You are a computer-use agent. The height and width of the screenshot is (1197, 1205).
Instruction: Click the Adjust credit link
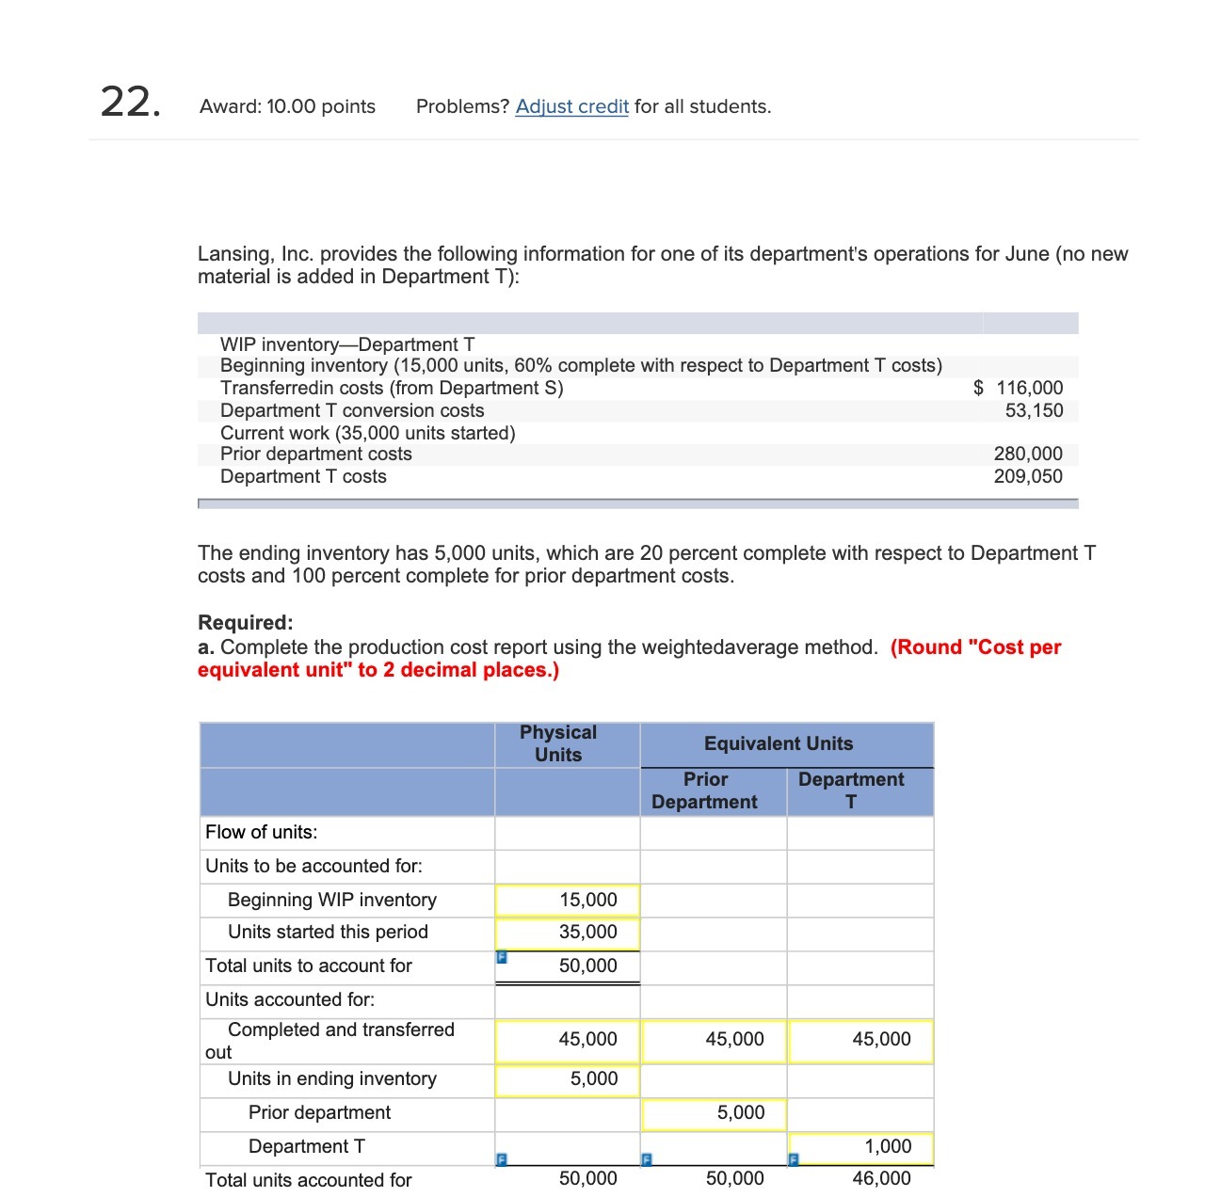571,106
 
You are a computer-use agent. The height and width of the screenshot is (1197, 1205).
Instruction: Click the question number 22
130,102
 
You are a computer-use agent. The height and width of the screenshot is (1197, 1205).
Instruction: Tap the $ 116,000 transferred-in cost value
1019,388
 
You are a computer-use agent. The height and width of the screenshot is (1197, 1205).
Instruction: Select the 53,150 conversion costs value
1034,410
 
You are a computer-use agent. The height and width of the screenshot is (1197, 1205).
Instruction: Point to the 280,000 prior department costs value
1028,454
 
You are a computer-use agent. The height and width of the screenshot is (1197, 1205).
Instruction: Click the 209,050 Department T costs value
1028,476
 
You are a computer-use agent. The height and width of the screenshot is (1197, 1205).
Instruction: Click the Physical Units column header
558,743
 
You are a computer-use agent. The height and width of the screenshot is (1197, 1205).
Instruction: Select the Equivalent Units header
779,743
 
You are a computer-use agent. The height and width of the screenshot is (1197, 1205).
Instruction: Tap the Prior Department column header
705,790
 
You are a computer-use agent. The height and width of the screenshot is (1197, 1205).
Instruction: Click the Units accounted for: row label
290,999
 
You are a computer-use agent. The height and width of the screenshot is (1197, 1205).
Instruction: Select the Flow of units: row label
262,832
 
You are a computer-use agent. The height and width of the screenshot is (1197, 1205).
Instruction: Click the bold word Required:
246,622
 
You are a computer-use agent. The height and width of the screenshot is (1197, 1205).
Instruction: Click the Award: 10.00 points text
287,106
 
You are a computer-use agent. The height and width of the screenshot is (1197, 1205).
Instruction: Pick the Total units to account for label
309,966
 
